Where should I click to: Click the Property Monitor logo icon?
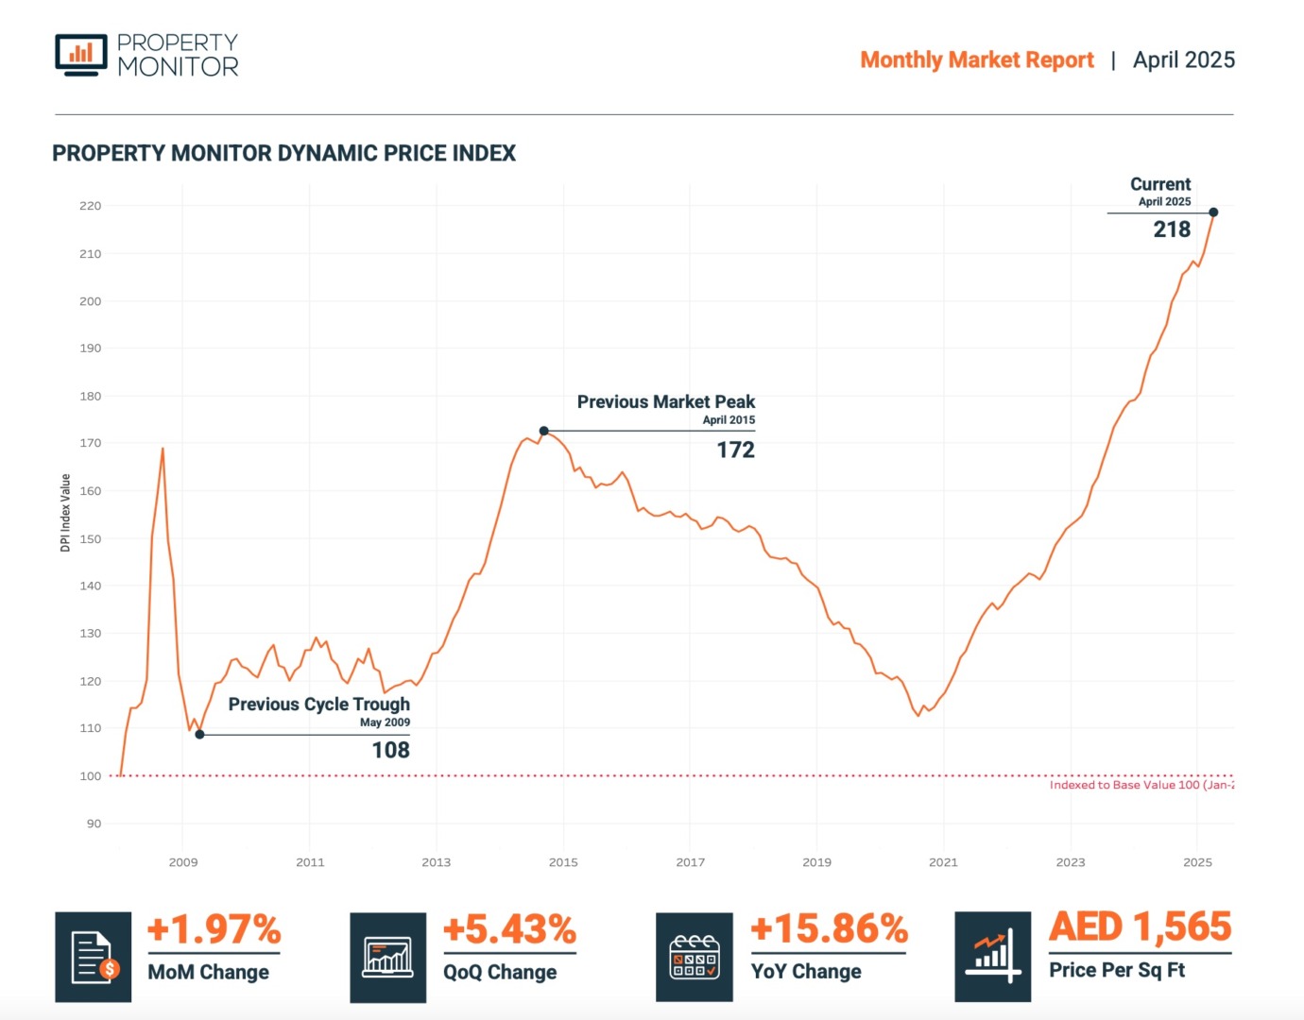click(81, 54)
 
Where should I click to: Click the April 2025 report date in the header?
click(1183, 59)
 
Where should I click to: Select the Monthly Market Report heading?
click(976, 59)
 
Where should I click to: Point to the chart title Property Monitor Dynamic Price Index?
click(283, 153)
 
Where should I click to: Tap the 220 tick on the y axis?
click(91, 206)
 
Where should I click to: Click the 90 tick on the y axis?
click(94, 824)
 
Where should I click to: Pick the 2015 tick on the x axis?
click(563, 862)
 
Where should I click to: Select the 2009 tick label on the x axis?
click(183, 862)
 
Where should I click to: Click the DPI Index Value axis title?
click(65, 513)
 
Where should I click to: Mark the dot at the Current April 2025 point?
click(1213, 212)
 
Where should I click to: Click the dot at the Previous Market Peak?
click(544, 431)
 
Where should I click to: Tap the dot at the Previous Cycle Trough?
click(199, 734)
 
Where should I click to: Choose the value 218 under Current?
click(1172, 229)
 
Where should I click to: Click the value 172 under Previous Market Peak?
click(735, 450)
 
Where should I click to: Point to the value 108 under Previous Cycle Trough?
click(390, 750)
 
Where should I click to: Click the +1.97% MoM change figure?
click(214, 929)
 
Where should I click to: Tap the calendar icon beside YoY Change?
click(695, 957)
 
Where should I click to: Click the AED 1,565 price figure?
click(1141, 926)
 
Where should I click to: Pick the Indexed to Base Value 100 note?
click(1141, 785)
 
